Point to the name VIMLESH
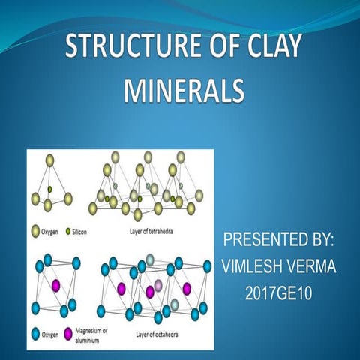(255, 265)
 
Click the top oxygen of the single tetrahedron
(50, 160)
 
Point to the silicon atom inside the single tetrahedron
(50, 189)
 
